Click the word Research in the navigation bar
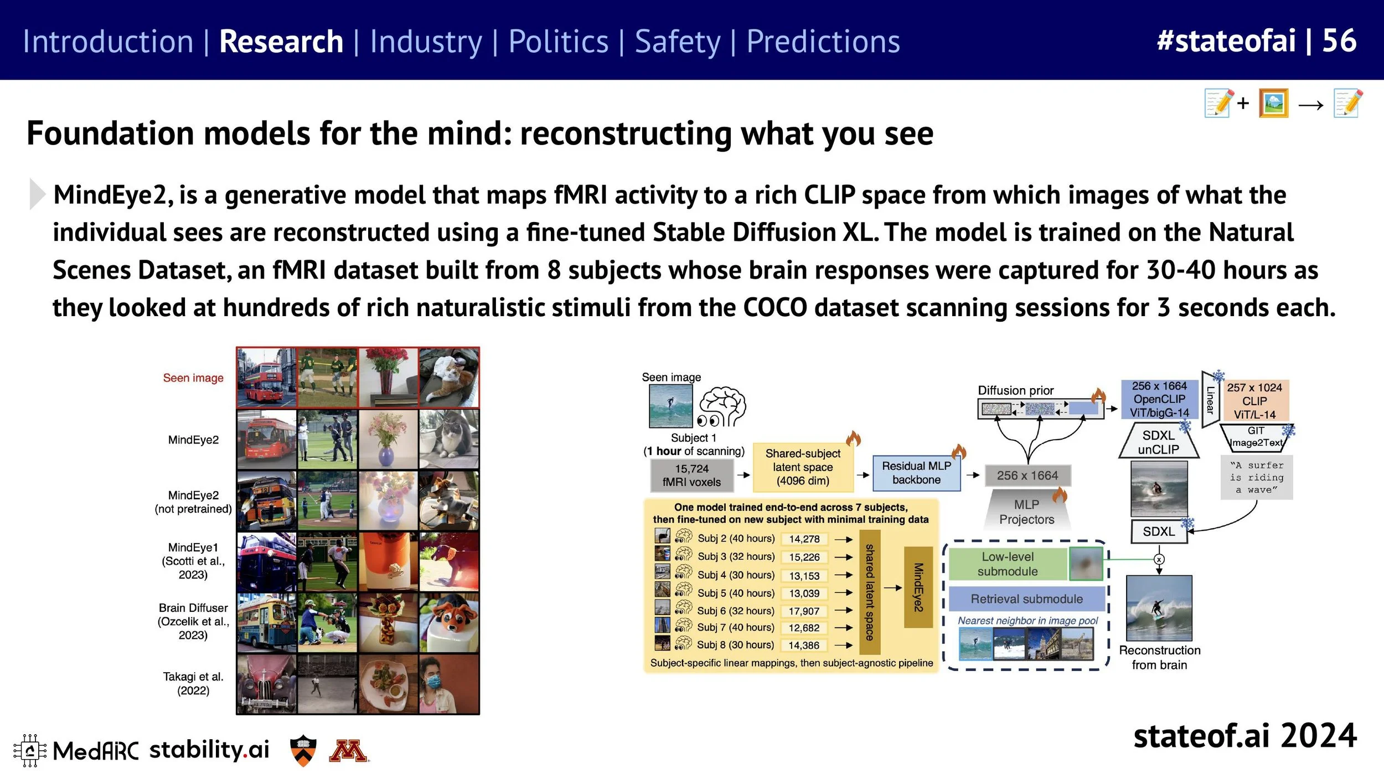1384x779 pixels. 281,42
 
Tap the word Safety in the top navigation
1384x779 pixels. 677,42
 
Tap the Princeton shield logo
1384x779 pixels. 303,751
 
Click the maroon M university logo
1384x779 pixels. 348,751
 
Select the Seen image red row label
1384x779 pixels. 193,378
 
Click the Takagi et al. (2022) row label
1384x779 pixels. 193,683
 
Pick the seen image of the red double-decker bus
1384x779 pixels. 266,378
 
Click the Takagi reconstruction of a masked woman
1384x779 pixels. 448,684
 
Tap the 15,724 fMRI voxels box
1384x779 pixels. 691,476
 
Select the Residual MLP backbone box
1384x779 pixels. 916,473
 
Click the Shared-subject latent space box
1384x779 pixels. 802,467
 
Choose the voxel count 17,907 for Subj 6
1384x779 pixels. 804,611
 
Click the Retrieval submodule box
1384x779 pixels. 1026,599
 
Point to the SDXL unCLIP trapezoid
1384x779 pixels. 1158,442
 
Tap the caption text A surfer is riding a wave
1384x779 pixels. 1256,477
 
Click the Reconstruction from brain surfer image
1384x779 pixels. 1159,608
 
